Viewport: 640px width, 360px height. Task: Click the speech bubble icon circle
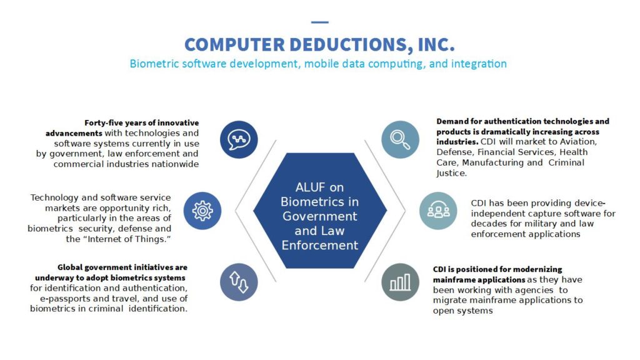click(x=239, y=139)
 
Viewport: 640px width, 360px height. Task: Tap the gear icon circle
click(x=202, y=211)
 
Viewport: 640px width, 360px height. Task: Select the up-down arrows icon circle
click(x=239, y=282)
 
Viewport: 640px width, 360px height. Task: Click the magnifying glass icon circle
click(x=401, y=139)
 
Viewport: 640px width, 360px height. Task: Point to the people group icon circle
click(x=438, y=211)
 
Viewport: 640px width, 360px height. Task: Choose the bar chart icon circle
click(x=401, y=282)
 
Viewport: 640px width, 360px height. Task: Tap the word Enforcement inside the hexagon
click(x=320, y=245)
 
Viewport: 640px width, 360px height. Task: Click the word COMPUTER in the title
click(x=235, y=44)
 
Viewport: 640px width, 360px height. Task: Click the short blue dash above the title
click(x=319, y=22)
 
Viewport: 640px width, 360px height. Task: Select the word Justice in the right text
click(x=451, y=173)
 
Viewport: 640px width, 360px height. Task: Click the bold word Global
click(x=69, y=267)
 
